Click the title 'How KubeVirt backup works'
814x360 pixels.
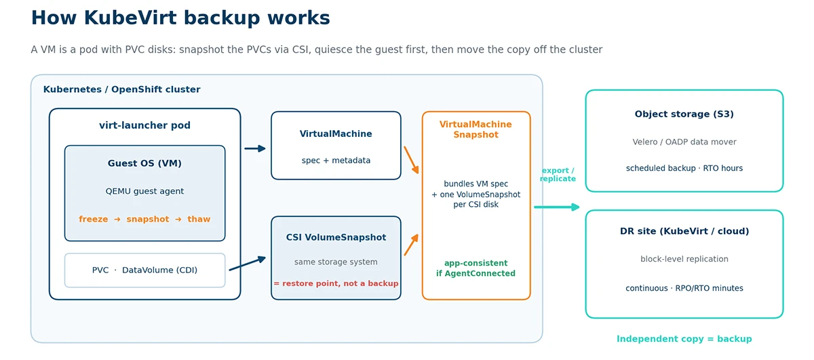point(180,18)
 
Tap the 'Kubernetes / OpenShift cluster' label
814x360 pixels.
point(121,89)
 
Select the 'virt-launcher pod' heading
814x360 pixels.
point(144,125)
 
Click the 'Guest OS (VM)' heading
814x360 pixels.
point(144,163)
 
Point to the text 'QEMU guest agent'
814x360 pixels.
point(144,191)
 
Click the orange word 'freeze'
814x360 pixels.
point(94,219)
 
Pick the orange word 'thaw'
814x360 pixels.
point(199,219)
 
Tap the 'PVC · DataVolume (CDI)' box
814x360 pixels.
point(144,271)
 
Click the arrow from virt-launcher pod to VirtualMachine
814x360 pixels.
point(255,148)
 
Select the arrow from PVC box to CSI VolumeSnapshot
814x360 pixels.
point(248,264)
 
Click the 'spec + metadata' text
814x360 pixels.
point(336,160)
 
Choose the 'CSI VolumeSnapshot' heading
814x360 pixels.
point(336,237)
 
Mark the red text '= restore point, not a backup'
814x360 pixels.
point(336,283)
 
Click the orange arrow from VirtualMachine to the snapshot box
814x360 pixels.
point(411,160)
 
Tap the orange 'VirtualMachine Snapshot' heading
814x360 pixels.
point(476,129)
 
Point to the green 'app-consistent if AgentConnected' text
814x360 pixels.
point(476,268)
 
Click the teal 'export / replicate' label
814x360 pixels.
point(558,174)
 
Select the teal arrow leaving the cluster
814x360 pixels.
point(557,207)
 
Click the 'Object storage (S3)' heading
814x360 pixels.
point(684,114)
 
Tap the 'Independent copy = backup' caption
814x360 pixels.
point(684,339)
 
